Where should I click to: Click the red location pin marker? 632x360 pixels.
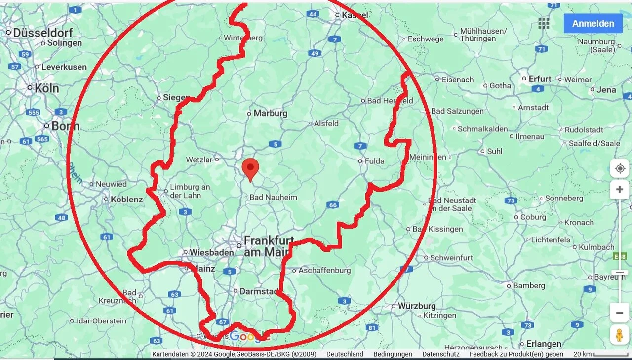click(251, 169)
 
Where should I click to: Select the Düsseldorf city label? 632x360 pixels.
click(42, 33)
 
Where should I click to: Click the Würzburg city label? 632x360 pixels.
click(417, 306)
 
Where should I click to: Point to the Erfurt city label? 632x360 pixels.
click(540, 79)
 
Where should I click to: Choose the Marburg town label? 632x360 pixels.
click(270, 113)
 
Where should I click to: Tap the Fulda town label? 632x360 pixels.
click(374, 161)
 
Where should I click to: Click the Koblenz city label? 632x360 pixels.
click(127, 200)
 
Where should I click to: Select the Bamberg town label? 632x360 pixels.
click(529, 285)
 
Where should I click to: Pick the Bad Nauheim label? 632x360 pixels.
click(274, 197)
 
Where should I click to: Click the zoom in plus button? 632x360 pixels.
click(620, 190)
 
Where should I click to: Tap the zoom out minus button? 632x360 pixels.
click(620, 313)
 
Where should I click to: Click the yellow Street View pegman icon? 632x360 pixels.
click(619, 335)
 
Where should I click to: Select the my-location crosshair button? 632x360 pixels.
click(620, 168)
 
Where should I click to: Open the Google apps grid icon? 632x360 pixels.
click(544, 23)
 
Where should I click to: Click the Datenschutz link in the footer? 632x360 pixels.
click(441, 354)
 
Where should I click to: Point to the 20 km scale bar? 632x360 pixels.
click(610, 354)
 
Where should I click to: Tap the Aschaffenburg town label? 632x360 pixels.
click(324, 270)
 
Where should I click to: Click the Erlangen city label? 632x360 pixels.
click(543, 344)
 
